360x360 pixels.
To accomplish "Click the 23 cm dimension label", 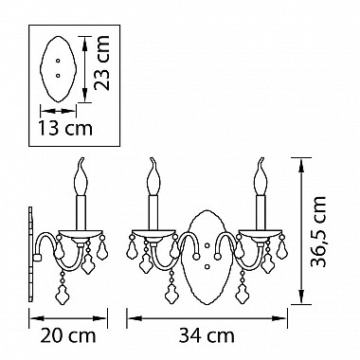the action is [102, 63].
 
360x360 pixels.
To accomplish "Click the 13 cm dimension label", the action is [65, 128].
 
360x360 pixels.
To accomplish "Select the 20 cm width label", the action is [68, 335].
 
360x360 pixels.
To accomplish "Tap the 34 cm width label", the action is [207, 335].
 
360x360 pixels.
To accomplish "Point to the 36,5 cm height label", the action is [317, 231].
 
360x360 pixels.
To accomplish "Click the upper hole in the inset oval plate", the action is [58, 61].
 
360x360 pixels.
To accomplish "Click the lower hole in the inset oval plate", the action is [58, 75].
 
